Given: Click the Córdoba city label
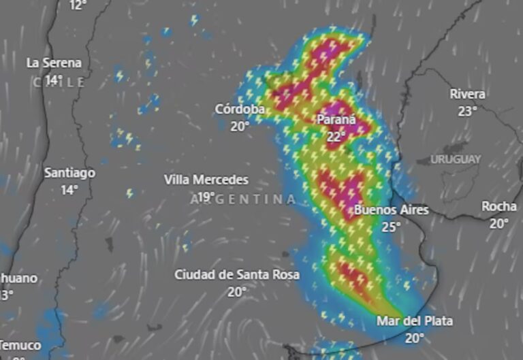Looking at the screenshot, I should coord(240,109).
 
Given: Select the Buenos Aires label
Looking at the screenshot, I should coord(392,210).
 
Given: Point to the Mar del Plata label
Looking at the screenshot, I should coord(415,321).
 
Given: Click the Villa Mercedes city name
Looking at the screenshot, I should coord(206,180).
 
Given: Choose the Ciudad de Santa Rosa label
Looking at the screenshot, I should coord(237,274).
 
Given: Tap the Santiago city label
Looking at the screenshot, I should coord(69,173).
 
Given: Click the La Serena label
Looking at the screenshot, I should coord(54,63).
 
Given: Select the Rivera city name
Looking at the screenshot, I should coord(468,95).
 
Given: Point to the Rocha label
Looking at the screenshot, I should coord(499,206).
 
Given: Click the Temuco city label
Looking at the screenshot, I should coord(20,345).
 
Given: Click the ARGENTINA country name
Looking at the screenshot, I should coord(244,199).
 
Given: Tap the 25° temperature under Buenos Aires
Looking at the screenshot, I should coord(391,227).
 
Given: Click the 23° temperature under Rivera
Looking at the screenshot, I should coord(467,112).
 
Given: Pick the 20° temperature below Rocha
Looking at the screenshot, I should coord(499,223).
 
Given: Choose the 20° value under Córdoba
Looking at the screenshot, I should coord(240,126).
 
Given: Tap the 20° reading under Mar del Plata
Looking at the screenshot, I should coord(415,338).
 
